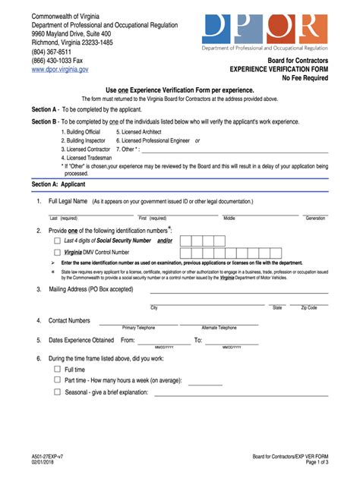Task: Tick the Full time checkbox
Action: pyautogui.click(x=57, y=370)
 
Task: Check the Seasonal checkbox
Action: pyautogui.click(x=57, y=392)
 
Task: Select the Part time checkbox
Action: pyautogui.click(x=57, y=381)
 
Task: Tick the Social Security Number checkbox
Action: pyautogui.click(x=57, y=241)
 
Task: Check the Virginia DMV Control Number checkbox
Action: pyautogui.click(x=57, y=253)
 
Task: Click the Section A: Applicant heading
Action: pyautogui.click(x=58, y=184)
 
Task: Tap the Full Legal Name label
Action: pyautogui.click(x=68, y=202)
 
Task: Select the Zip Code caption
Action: pyautogui.click(x=309, y=308)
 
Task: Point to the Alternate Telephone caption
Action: pyautogui.click(x=219, y=328)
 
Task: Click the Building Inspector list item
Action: pyautogui.click(x=84, y=140)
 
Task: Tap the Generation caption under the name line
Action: pyautogui.click(x=315, y=219)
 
